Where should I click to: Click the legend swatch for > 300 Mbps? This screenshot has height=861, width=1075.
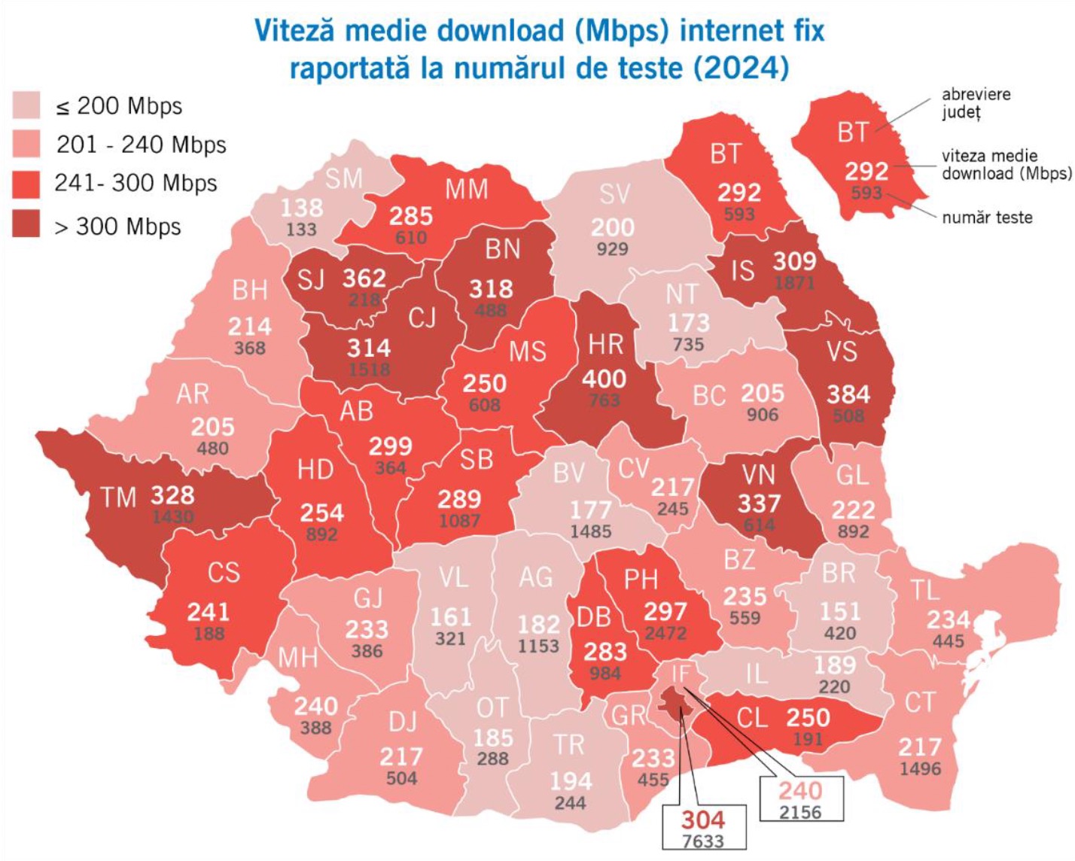click(26, 224)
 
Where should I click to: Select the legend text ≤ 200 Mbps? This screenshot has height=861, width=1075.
click(119, 106)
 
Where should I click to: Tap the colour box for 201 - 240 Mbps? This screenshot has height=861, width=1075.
click(26, 144)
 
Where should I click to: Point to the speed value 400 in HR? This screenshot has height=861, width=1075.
click(604, 379)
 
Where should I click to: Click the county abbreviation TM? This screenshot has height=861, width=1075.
click(118, 497)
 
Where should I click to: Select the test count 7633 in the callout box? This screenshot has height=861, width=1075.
click(703, 841)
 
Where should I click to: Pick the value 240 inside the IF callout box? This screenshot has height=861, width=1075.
click(800, 791)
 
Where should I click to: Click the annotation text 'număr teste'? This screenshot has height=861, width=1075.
click(987, 218)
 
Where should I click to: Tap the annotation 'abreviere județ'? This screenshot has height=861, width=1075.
click(976, 103)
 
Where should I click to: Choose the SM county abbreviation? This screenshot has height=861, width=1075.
click(344, 178)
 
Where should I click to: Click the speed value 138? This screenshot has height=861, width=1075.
click(301, 207)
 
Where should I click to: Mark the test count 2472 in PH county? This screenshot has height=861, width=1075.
click(665, 633)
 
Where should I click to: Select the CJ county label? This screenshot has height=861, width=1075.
click(422, 318)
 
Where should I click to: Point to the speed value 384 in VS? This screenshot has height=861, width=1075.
click(848, 394)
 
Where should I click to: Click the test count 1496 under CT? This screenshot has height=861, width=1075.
click(920, 768)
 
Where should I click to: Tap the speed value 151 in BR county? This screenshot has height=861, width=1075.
click(840, 610)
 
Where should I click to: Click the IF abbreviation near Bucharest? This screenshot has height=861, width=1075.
click(680, 674)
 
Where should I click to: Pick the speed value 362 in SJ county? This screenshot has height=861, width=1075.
click(364, 278)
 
